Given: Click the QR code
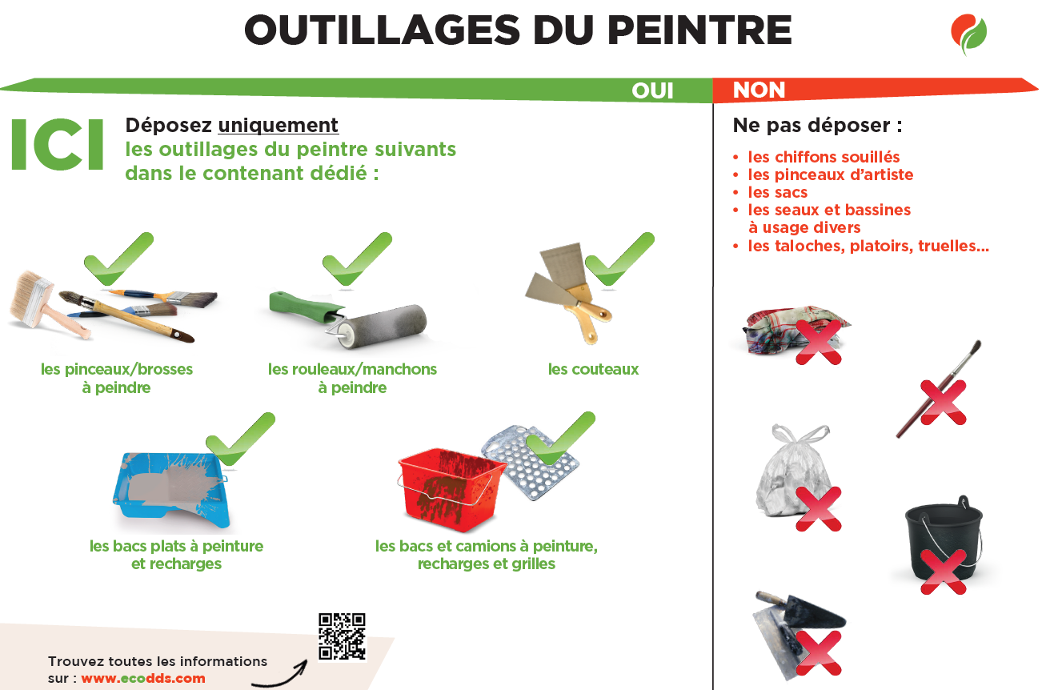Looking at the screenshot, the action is tap(342, 636).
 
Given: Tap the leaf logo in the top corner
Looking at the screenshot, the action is tap(968, 34).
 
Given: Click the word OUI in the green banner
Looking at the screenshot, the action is tap(652, 90).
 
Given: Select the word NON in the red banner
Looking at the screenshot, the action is tap(759, 90).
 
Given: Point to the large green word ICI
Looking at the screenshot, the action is tap(57, 145).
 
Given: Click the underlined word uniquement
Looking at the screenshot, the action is tap(279, 125).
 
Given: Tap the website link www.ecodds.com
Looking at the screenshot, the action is tap(143, 678).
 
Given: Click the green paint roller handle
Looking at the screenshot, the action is tap(305, 307).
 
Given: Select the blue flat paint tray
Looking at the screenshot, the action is tap(171, 489).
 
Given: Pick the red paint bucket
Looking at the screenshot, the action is tap(451, 488).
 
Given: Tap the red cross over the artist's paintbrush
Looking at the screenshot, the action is tap(944, 403).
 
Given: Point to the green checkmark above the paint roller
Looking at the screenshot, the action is tap(357, 259).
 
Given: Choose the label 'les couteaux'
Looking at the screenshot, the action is tap(593, 370).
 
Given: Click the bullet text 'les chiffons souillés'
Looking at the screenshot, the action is tap(824, 157).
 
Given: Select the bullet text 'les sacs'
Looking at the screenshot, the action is tap(777, 193).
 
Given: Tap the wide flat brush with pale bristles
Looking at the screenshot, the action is tap(46, 303).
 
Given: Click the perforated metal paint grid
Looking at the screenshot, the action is tap(531, 462).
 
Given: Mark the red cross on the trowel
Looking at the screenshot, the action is tap(818, 652).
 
